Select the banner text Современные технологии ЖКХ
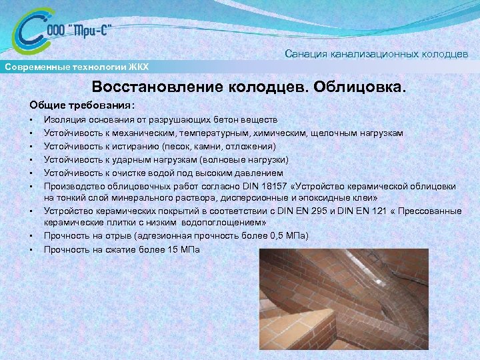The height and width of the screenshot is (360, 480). point(77,67)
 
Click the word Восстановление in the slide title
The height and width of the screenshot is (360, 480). point(161,88)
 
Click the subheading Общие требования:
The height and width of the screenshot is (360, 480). point(82,105)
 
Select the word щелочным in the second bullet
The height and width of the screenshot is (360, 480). point(331,133)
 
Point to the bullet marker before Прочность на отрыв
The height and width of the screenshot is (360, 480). point(32,236)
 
